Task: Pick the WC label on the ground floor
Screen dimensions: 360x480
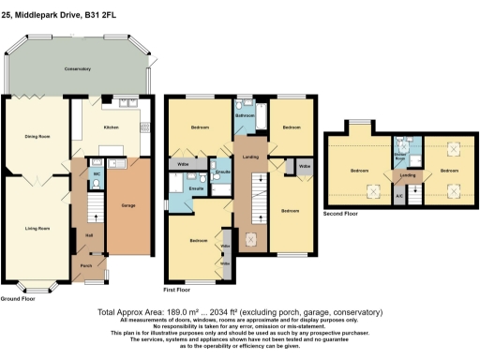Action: click(97, 173)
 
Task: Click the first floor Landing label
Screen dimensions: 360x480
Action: click(250, 157)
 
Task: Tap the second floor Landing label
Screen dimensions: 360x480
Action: click(408, 174)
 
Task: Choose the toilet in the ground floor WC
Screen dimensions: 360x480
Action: click(97, 185)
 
